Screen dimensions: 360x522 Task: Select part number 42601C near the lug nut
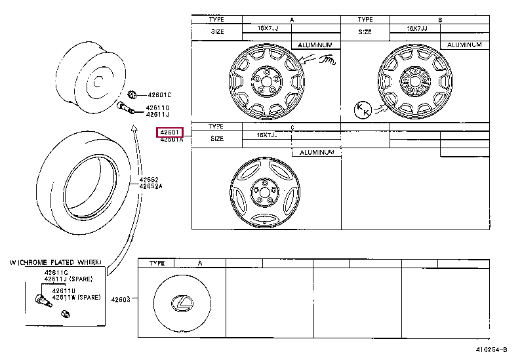(x=158, y=94)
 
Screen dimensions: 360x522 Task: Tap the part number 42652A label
(x=149, y=186)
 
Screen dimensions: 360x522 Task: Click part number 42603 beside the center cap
(x=121, y=300)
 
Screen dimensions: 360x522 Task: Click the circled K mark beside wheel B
(x=362, y=110)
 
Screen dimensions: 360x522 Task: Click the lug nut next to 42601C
(x=132, y=94)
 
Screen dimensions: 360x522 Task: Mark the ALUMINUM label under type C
(x=317, y=152)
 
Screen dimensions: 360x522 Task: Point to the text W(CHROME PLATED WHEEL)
(x=56, y=262)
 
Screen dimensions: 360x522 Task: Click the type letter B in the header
(x=440, y=20)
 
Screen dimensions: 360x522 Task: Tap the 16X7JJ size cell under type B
(x=417, y=29)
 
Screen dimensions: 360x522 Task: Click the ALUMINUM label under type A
(x=317, y=45)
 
